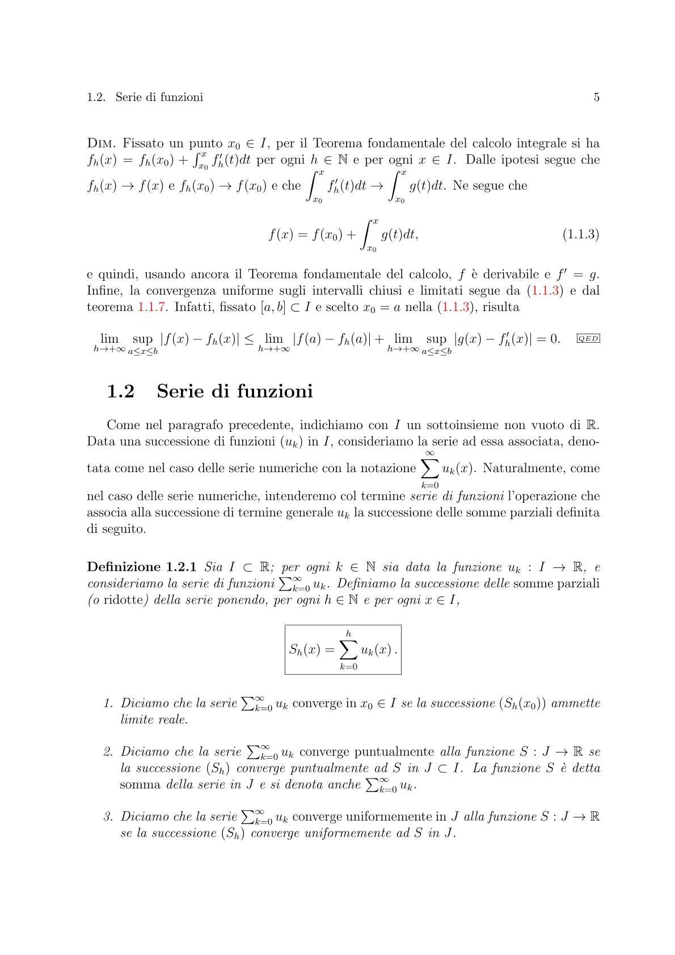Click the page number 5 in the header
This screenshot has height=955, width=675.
pos(596,97)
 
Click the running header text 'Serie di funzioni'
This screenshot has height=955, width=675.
pos(159,97)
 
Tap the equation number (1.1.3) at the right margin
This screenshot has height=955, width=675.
pos(580,234)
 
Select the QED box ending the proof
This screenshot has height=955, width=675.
pos(588,339)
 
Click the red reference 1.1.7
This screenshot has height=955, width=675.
pos(151,307)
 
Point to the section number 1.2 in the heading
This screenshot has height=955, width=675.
pos(120,392)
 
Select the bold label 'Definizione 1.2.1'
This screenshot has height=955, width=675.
pos(141,567)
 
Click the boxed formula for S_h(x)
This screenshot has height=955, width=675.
pos(343,650)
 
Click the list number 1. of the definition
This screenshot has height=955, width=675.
pos(109,704)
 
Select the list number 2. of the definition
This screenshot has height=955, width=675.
pos(109,752)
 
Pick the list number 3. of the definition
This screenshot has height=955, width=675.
pos(109,817)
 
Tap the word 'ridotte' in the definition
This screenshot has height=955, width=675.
pos(119,600)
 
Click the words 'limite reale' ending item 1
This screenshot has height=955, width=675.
pos(154,720)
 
